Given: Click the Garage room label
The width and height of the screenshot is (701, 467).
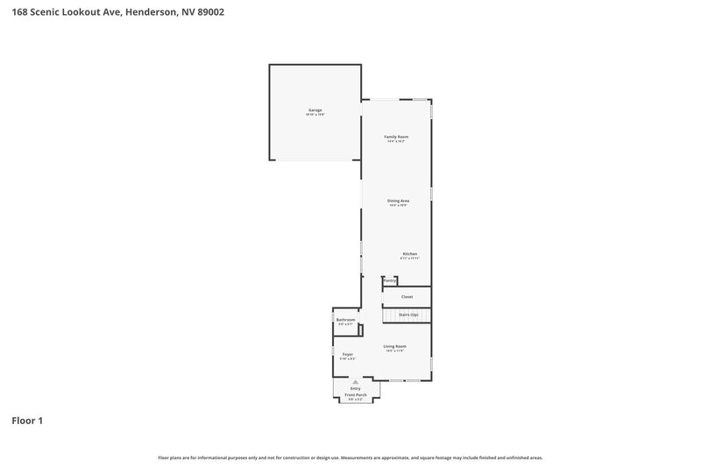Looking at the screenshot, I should (315, 110).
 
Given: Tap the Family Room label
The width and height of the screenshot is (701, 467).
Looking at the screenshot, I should (397, 137).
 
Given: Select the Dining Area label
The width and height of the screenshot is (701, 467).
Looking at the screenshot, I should (399, 201).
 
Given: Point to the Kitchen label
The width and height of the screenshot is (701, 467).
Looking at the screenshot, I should (410, 254).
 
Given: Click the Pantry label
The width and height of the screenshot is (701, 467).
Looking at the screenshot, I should (390, 280).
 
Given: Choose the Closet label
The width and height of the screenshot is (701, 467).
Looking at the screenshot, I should (407, 297).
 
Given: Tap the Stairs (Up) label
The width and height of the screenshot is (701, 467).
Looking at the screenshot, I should (408, 314).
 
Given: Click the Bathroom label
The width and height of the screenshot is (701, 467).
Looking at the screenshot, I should (346, 320).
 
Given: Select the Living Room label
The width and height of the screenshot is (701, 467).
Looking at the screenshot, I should (395, 346).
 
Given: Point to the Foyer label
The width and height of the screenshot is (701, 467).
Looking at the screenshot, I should (348, 354).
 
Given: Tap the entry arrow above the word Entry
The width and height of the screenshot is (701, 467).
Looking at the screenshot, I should (355, 382).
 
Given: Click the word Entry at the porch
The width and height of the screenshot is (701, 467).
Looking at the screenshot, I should (355, 388).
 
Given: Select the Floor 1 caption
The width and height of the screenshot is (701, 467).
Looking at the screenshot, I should (27, 421).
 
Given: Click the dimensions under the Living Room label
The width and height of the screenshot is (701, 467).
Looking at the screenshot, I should (395, 351).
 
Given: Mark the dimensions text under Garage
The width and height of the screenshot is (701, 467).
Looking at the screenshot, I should (315, 115).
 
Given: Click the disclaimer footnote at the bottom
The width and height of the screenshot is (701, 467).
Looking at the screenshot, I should (350, 457).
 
